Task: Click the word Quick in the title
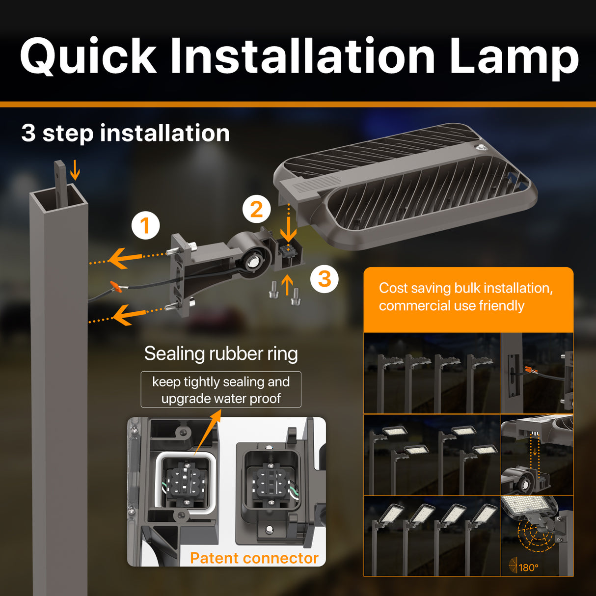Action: pyautogui.click(x=88, y=56)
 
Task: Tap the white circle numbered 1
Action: pyautogui.click(x=145, y=226)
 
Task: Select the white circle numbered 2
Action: pyautogui.click(x=256, y=210)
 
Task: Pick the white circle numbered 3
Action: pyautogui.click(x=324, y=279)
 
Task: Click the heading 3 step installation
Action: pyautogui.click(x=126, y=133)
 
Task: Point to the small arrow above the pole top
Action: pyautogui.click(x=75, y=170)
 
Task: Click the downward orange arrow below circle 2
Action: pyautogui.click(x=288, y=228)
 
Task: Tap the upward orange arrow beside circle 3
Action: pyautogui.click(x=287, y=284)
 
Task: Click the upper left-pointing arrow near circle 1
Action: pyautogui.click(x=123, y=258)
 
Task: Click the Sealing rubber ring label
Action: pyautogui.click(x=221, y=353)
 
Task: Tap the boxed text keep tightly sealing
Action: pyautogui.click(x=221, y=390)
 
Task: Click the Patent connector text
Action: pyautogui.click(x=254, y=558)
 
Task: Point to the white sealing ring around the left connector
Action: pyautogui.click(x=159, y=484)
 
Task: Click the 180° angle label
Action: pyautogui.click(x=528, y=568)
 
